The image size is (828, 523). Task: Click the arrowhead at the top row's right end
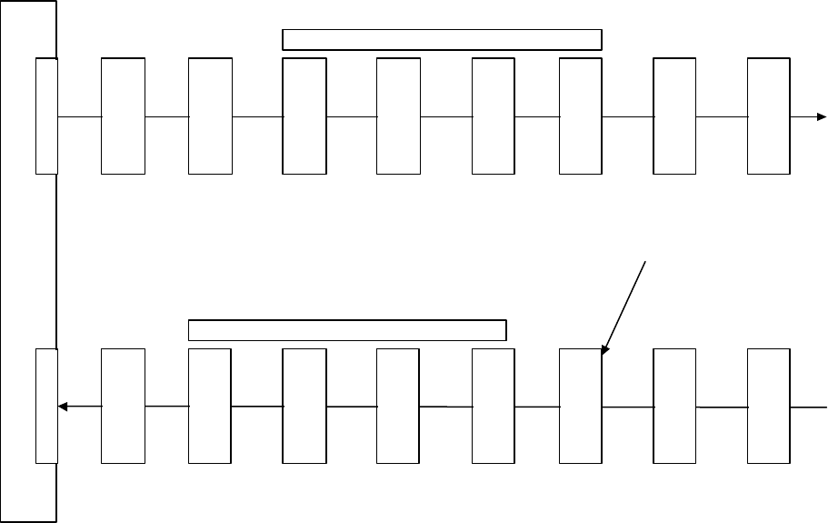[x=822, y=117]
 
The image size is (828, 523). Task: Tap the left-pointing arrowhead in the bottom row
[x=62, y=407]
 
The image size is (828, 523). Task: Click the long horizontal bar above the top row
[x=443, y=39]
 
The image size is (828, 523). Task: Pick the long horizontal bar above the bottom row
[x=346, y=329]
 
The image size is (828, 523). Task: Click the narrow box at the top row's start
[x=46, y=116]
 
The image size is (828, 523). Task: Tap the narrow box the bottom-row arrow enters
[x=46, y=406]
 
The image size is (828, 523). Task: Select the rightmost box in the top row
[x=769, y=116]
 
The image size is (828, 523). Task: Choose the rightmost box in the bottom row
[x=769, y=406]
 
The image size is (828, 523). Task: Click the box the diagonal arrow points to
[x=581, y=406]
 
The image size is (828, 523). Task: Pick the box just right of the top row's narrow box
[x=123, y=116]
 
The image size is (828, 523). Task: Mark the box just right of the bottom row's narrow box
[x=123, y=406]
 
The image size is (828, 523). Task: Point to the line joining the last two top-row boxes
[x=722, y=117]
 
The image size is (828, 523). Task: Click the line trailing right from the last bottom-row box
[x=809, y=407]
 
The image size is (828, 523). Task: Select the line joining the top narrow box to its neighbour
[x=79, y=117]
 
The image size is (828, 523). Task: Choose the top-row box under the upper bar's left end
[x=304, y=116]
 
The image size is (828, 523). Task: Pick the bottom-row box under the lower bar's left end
[x=209, y=406]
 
